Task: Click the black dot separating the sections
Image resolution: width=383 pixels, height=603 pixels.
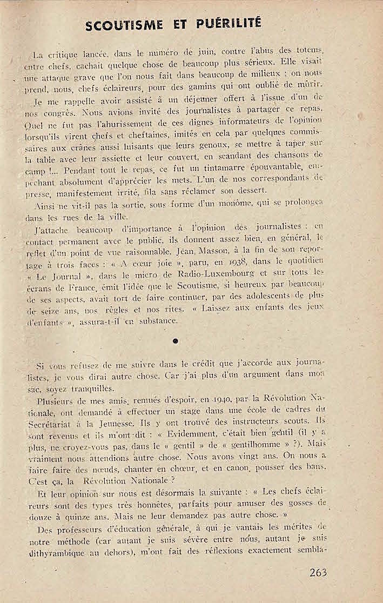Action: pyautogui.click(x=175, y=341)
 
